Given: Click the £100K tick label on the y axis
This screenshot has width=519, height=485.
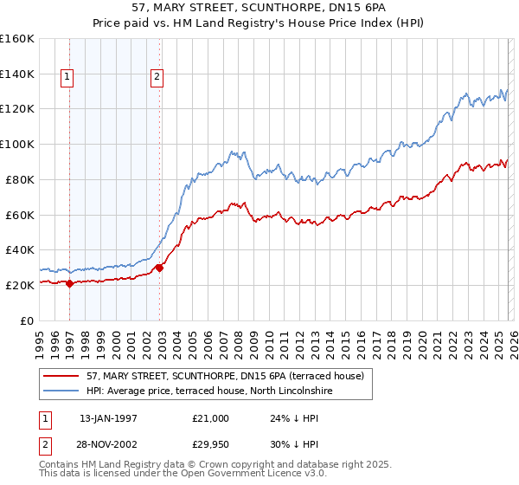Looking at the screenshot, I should (x=16, y=144).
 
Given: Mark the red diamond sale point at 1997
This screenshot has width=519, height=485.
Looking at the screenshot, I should (x=70, y=283).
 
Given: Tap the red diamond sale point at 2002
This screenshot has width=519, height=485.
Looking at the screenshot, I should (x=160, y=268).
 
